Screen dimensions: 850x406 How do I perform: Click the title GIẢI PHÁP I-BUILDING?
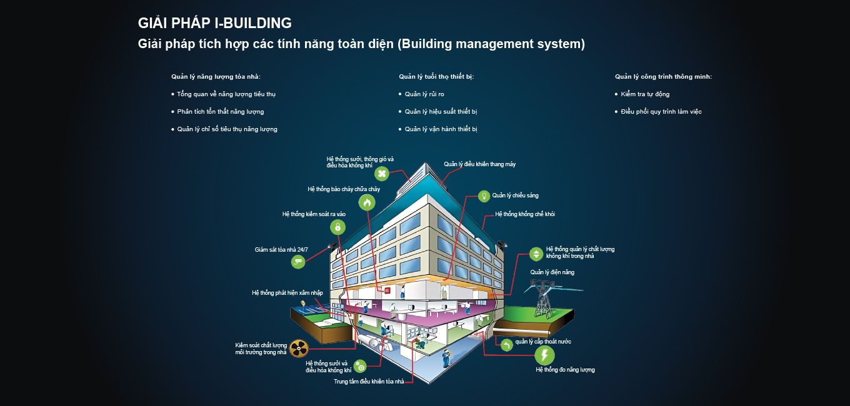click(215, 23)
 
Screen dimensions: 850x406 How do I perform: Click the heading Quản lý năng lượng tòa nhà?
click(216, 77)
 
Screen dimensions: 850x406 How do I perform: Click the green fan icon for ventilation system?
click(382, 174)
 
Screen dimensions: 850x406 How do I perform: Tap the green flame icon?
click(367, 202)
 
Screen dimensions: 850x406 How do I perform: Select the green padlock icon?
click(337, 227)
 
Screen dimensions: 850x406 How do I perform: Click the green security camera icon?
click(298, 262)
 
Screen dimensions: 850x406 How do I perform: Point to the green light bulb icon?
click(484, 196)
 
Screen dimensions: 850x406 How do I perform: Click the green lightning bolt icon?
click(544, 355)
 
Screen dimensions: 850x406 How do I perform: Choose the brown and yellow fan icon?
click(299, 348)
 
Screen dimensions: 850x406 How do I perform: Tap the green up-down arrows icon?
click(536, 254)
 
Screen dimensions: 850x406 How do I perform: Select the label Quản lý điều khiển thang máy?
click(479, 164)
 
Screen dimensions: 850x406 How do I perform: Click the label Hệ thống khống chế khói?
click(525, 214)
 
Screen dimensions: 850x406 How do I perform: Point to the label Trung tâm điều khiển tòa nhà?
click(369, 382)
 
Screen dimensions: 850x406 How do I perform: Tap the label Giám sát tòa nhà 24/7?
click(281, 249)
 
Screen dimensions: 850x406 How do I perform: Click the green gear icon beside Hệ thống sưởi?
click(360, 367)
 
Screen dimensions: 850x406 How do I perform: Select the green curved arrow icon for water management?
click(507, 345)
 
